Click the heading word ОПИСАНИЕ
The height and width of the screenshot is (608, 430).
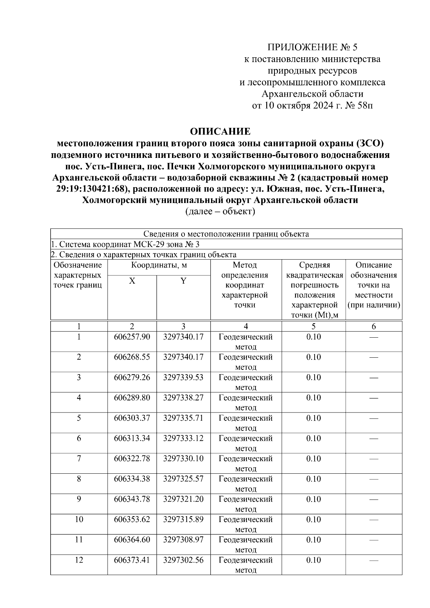220,131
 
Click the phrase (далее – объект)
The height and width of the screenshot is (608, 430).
220,212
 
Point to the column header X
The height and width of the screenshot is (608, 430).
132,281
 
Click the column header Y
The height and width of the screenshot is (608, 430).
183,281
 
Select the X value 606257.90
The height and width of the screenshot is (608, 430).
132,337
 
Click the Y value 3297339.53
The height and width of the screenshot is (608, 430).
183,377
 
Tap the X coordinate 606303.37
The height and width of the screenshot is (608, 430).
132,418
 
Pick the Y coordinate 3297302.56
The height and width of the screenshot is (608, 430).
183,560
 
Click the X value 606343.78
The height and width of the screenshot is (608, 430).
132,499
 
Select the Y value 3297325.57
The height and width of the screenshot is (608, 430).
183,479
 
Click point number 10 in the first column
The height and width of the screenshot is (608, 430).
79,520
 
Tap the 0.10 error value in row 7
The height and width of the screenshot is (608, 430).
314,459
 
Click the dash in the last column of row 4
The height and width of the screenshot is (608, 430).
374,398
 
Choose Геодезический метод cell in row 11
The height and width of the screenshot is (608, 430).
245,544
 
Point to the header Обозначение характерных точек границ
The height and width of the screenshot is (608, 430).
78,275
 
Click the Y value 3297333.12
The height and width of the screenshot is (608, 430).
183,438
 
